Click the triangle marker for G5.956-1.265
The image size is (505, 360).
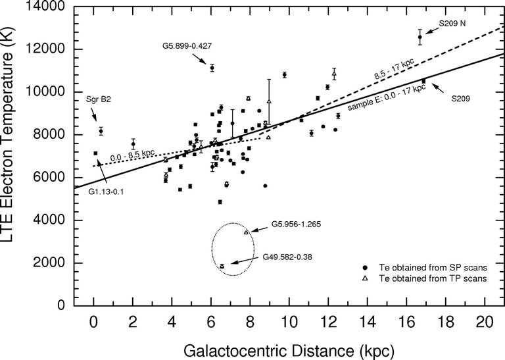pos(246,232)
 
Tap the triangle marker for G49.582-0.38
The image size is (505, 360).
pos(222,266)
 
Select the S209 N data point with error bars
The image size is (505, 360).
pos(420,37)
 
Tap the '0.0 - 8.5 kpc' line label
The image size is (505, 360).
pos(132,155)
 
